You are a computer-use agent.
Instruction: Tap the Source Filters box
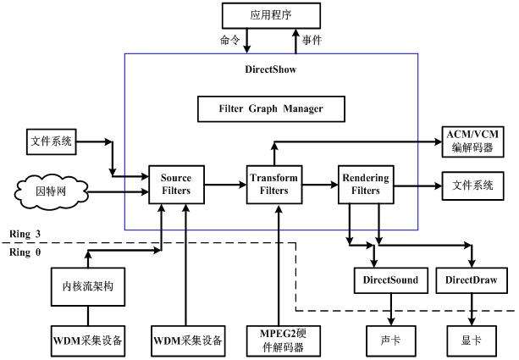coord(176,184)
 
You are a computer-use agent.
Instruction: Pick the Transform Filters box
coord(274,184)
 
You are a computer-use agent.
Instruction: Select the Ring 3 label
coord(25,233)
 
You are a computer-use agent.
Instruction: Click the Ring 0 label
coord(25,252)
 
